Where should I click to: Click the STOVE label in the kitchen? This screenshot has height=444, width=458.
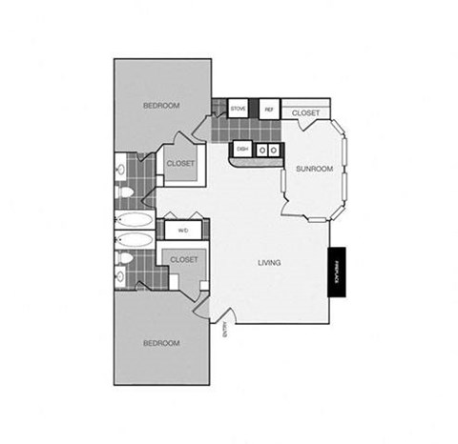pyautogui.click(x=239, y=110)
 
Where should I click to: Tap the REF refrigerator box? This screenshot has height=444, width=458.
pyautogui.click(x=268, y=110)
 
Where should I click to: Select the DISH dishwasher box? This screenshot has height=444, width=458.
pyautogui.click(x=242, y=149)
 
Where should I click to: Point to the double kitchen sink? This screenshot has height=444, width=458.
pyautogui.click(x=269, y=149)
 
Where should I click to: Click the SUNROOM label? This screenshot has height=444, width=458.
pyautogui.click(x=314, y=169)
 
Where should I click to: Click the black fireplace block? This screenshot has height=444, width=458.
pyautogui.click(x=337, y=272)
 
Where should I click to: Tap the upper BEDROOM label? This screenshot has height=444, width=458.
pyautogui.click(x=161, y=106)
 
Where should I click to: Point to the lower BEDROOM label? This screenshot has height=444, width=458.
pyautogui.click(x=161, y=342)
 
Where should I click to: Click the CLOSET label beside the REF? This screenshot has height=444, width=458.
pyautogui.click(x=305, y=113)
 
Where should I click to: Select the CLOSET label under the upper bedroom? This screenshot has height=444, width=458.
pyautogui.click(x=180, y=163)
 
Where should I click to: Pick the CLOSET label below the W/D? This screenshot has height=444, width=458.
pyautogui.click(x=183, y=258)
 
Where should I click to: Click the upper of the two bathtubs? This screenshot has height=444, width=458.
pyautogui.click(x=135, y=220)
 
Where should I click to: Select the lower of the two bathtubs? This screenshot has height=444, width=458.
pyautogui.click(x=135, y=239)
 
